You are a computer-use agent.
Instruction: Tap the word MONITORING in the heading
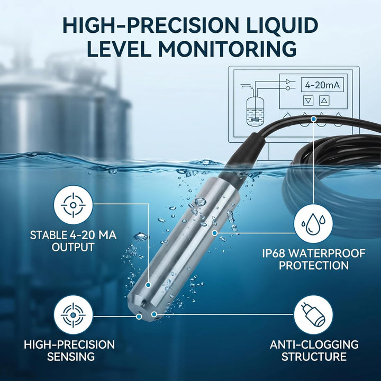coord(228,49)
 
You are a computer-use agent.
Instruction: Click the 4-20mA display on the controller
coord(322,85)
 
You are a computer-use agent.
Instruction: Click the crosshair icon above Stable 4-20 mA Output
coord(74,205)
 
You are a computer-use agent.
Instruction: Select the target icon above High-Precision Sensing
coord(74,315)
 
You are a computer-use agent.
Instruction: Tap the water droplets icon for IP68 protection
coord(313,224)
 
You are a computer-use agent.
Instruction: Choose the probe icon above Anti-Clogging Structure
coord(313,315)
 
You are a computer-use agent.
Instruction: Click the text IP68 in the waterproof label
coord(274,253)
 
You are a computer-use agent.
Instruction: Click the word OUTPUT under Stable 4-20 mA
coord(73,247)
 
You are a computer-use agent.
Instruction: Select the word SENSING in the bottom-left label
coord(71,357)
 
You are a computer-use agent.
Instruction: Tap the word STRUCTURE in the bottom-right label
coord(314,357)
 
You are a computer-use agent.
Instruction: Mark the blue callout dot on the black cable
coord(314,119)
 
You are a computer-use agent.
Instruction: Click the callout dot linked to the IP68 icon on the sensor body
coord(214,233)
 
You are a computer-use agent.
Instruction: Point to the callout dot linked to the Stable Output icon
coord(148,285)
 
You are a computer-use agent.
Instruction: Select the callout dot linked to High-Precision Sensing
coord(139,316)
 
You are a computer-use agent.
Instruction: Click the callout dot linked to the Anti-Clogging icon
coord(154,314)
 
